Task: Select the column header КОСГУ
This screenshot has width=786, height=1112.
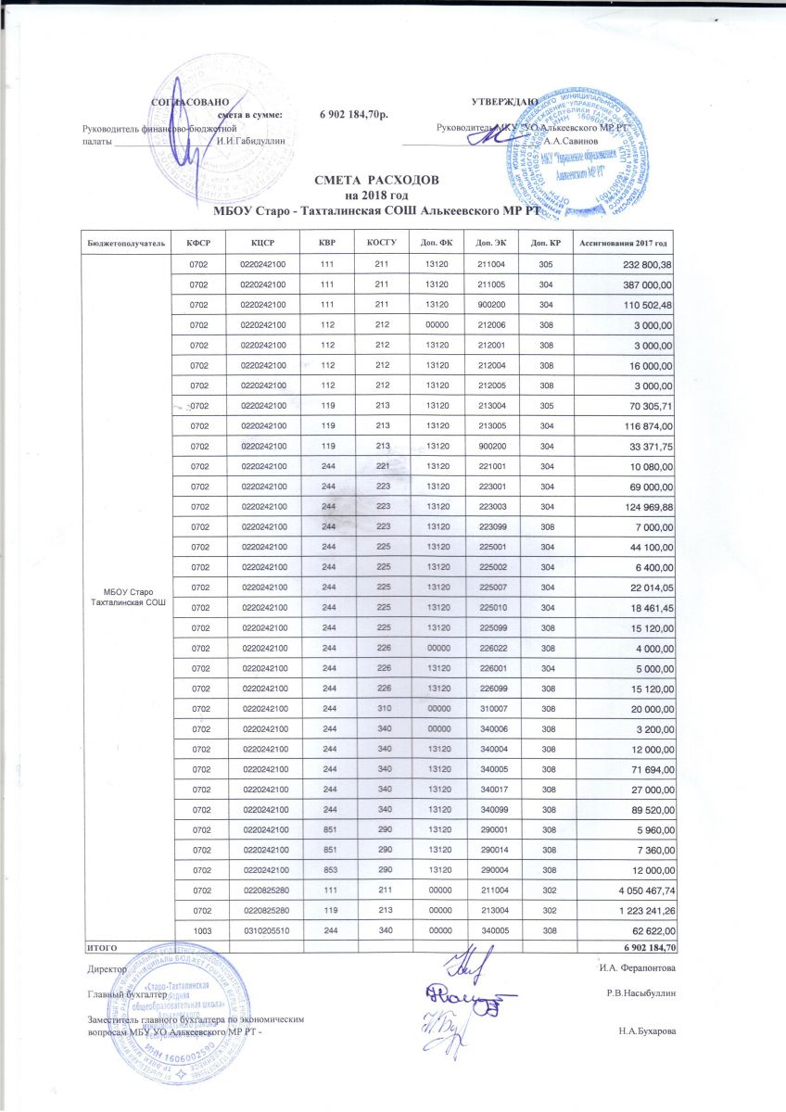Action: click(x=382, y=242)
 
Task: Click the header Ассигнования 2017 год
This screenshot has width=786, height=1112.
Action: click(x=624, y=242)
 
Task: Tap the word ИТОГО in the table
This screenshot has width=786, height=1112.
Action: click(x=102, y=947)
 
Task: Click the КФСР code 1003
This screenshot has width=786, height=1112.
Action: click(x=198, y=930)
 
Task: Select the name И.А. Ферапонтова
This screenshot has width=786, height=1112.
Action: click(x=639, y=968)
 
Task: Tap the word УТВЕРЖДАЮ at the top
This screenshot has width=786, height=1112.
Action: click(x=503, y=99)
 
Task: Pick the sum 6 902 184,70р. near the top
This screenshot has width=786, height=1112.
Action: click(x=354, y=115)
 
